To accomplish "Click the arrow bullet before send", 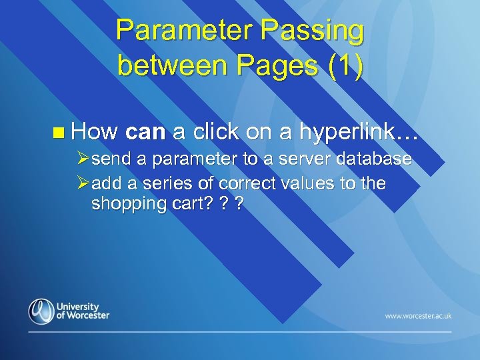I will tap(83, 160).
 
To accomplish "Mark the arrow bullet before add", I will tap(83, 183).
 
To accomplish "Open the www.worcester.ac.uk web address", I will tap(418, 315).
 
